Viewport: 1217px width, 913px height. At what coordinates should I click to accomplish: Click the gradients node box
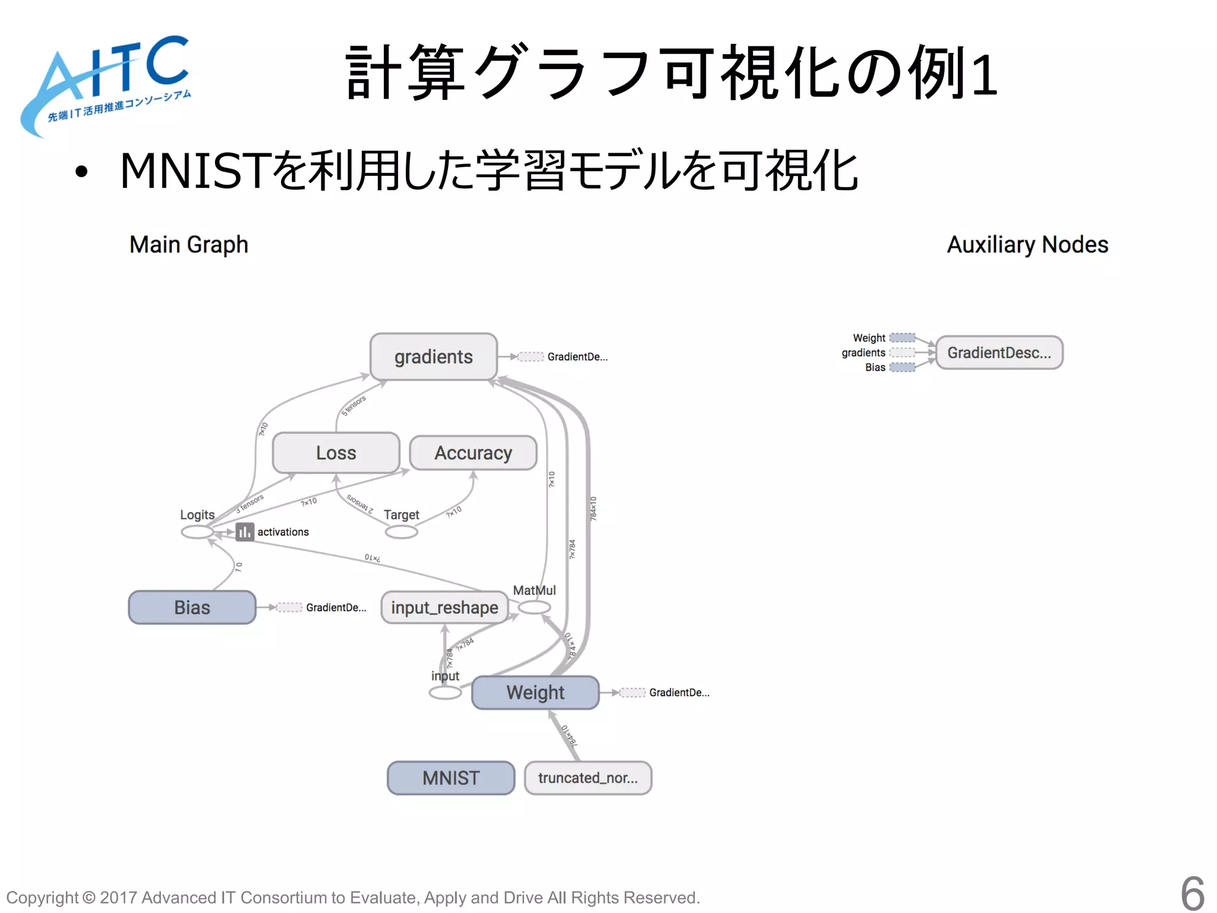433,357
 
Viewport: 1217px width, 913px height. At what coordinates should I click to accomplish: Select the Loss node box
336,453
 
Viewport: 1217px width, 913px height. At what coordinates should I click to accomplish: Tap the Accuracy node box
473,453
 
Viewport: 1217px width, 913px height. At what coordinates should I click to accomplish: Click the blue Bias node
192,607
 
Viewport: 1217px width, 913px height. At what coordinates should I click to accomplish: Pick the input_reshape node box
444,607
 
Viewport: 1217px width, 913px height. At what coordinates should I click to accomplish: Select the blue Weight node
535,692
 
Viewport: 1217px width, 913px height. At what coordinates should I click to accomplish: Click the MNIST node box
450,778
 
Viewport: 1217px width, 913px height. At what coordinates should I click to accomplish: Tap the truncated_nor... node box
588,778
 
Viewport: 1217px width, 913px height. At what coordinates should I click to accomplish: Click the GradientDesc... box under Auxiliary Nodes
999,352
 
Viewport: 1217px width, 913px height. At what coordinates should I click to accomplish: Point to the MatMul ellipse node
534,607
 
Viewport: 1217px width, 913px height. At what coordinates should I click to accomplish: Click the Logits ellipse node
197,532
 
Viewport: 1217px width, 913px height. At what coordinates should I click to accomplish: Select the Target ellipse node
401,532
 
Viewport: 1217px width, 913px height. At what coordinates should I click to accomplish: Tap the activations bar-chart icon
244,532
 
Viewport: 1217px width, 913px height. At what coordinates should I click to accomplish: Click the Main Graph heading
188,245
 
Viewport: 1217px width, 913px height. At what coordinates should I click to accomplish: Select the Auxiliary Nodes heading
1027,245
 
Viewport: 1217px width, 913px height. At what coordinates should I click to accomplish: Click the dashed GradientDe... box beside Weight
632,692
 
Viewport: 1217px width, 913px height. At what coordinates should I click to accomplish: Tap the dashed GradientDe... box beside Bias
289,607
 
